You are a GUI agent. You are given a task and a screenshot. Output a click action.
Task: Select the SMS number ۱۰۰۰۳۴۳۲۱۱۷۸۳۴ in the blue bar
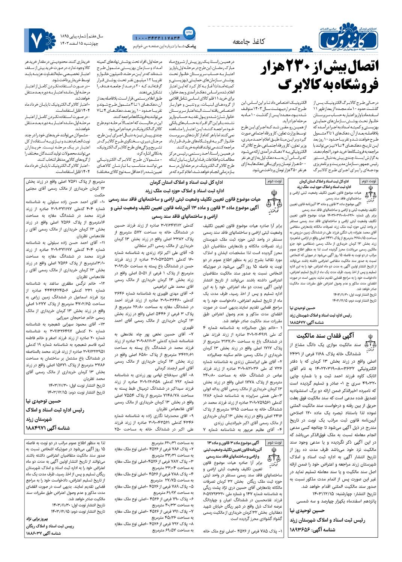(157, 37)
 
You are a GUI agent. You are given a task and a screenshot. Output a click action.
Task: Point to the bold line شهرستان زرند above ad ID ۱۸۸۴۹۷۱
(42, 420)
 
